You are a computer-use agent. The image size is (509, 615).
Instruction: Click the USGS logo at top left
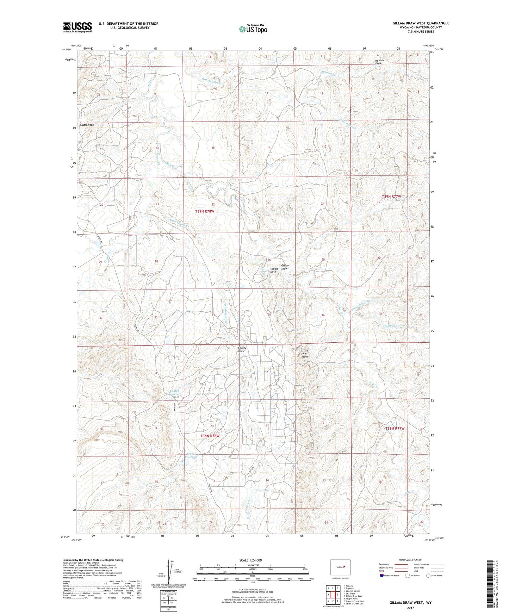(x=77, y=27)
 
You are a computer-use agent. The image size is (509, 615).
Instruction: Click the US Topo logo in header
(x=253, y=29)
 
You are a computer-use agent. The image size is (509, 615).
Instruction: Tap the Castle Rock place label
(x=87, y=125)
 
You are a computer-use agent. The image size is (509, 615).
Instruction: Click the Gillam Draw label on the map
(x=285, y=267)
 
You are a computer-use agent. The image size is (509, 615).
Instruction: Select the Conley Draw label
(x=242, y=349)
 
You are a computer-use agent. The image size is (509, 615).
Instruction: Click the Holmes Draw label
(x=379, y=62)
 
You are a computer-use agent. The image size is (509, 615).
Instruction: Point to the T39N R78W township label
(x=204, y=211)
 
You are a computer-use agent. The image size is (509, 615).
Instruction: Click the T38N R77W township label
(x=395, y=428)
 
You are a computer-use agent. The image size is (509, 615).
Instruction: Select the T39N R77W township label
(x=392, y=196)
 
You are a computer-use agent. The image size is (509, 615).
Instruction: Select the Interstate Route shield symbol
(x=382, y=576)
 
